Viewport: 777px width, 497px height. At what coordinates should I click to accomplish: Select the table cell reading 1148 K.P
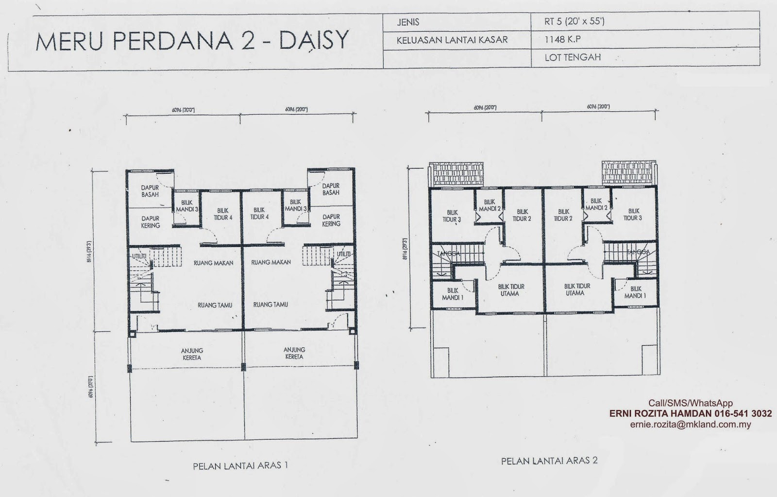(x=562, y=40)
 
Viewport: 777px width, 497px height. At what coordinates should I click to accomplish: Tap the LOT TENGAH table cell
(x=573, y=57)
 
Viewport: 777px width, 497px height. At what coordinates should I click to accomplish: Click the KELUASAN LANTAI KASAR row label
(x=452, y=40)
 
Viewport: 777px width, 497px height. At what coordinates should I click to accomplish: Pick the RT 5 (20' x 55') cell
(x=574, y=22)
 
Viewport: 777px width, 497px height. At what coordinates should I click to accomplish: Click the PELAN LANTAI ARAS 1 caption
(x=241, y=465)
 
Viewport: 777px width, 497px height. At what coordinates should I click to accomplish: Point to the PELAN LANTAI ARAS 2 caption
(x=549, y=460)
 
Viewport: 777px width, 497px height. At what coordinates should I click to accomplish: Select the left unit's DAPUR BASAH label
(x=151, y=191)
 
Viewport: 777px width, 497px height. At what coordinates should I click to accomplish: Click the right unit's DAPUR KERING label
(x=332, y=221)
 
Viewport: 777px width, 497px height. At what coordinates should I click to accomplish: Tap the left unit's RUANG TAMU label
(x=215, y=306)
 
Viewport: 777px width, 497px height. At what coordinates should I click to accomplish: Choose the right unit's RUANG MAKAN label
(x=271, y=262)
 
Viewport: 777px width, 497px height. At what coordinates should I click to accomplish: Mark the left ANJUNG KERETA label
(x=192, y=354)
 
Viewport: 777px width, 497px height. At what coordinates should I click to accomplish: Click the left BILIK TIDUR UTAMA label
(x=511, y=291)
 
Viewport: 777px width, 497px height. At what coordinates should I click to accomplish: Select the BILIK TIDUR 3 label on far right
(x=634, y=215)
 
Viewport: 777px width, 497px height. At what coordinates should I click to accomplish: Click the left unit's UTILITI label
(x=139, y=256)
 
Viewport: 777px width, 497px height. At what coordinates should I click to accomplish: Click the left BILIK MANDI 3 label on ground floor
(x=187, y=206)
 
